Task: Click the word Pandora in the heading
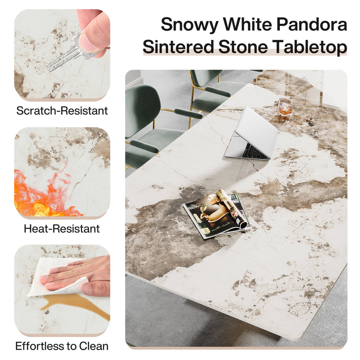312,24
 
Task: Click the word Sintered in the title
179,47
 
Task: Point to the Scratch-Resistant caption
62,111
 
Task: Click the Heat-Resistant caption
62,228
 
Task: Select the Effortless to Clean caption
62,346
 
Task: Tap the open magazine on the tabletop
217,214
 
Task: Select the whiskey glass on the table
285,107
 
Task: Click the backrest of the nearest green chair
143,110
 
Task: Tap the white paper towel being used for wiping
58,278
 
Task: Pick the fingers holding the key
94,32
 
